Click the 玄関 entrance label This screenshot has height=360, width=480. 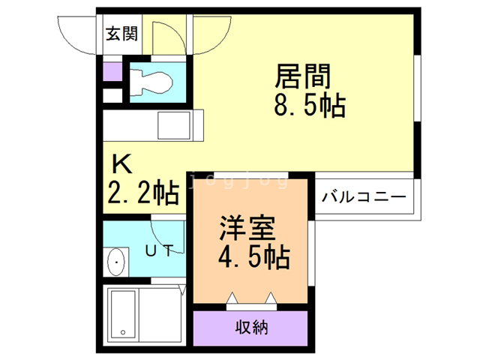(x=121, y=34)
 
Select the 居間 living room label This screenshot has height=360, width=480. (x=304, y=76)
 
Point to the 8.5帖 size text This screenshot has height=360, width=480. (x=308, y=106)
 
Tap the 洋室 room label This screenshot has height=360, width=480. (x=247, y=227)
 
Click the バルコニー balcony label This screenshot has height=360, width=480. (x=364, y=198)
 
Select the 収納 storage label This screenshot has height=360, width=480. (x=252, y=327)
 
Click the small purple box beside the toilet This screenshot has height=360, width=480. (x=112, y=73)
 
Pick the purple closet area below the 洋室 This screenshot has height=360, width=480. (x=251, y=327)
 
